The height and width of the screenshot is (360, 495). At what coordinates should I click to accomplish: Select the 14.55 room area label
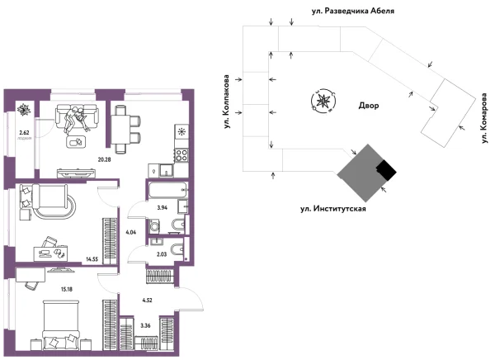pos(94,259)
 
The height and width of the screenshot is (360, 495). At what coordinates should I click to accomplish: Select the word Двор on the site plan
pos(369,107)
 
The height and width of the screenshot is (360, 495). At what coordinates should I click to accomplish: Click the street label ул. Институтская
pos(332,210)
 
